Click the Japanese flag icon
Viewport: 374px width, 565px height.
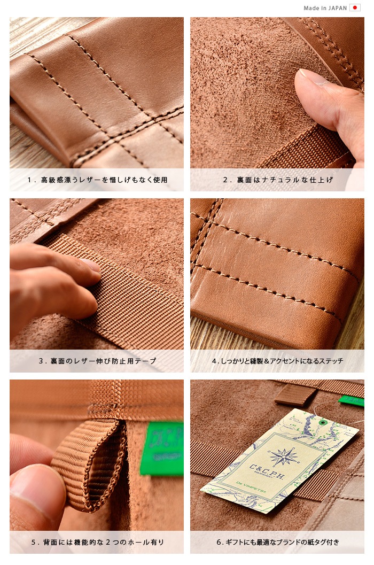click(x=355, y=8)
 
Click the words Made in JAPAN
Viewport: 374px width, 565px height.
click(x=325, y=8)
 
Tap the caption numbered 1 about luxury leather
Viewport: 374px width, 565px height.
click(x=97, y=180)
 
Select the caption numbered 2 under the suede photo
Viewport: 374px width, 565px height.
click(x=278, y=180)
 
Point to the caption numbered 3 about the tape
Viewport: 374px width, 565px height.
click(x=97, y=361)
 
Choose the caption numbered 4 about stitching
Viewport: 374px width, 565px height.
click(x=278, y=361)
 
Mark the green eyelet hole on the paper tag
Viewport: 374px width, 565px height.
click(x=324, y=422)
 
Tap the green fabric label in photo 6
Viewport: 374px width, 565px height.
click(x=351, y=401)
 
